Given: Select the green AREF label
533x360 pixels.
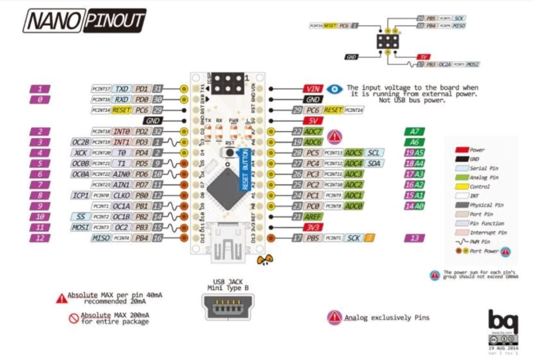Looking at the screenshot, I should (x=313, y=217).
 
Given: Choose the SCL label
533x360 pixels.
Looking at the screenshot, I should (x=374, y=153).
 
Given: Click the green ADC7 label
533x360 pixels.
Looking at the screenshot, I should (x=313, y=131).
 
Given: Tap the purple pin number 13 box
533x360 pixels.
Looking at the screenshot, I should (x=414, y=238).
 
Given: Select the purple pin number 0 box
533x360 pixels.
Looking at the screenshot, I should (x=40, y=99).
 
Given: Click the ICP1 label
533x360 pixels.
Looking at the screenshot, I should (x=79, y=196).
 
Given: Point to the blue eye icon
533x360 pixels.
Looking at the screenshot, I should (x=335, y=89).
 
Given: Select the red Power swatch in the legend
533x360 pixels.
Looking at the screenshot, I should (x=461, y=150).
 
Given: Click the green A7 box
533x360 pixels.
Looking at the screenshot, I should (x=414, y=131).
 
